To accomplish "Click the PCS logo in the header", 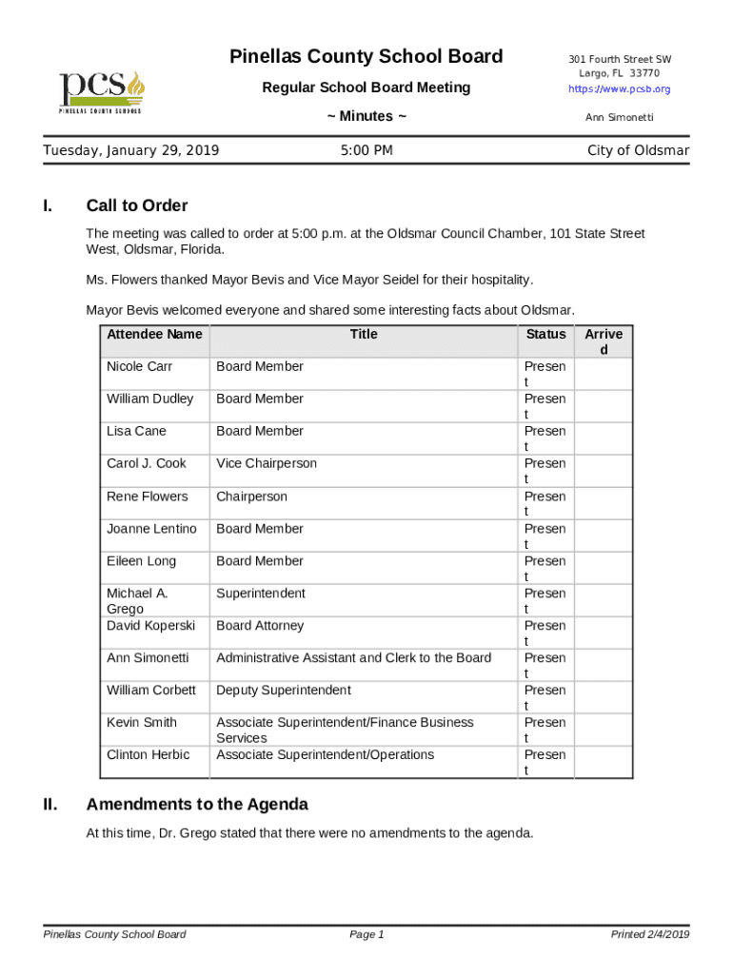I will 101,91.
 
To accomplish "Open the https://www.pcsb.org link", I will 619,88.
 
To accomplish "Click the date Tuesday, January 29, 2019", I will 131,150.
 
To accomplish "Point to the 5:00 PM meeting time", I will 366,150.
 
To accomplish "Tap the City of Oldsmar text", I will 638,150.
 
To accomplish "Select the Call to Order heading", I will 137,205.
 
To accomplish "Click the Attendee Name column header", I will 154,334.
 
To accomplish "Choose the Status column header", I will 545,334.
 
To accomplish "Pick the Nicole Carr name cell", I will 139,366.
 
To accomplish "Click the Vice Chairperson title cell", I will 267,463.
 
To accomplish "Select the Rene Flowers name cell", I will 147,497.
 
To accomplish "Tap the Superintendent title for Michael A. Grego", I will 261,594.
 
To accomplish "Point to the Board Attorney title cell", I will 260,626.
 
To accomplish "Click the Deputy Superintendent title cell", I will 284,691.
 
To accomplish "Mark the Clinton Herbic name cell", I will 148,755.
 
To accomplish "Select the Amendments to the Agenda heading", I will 197,805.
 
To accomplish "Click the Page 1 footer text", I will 366,935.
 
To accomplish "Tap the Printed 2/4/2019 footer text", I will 650,935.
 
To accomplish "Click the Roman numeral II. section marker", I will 52,805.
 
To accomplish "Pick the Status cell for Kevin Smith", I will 545,730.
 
